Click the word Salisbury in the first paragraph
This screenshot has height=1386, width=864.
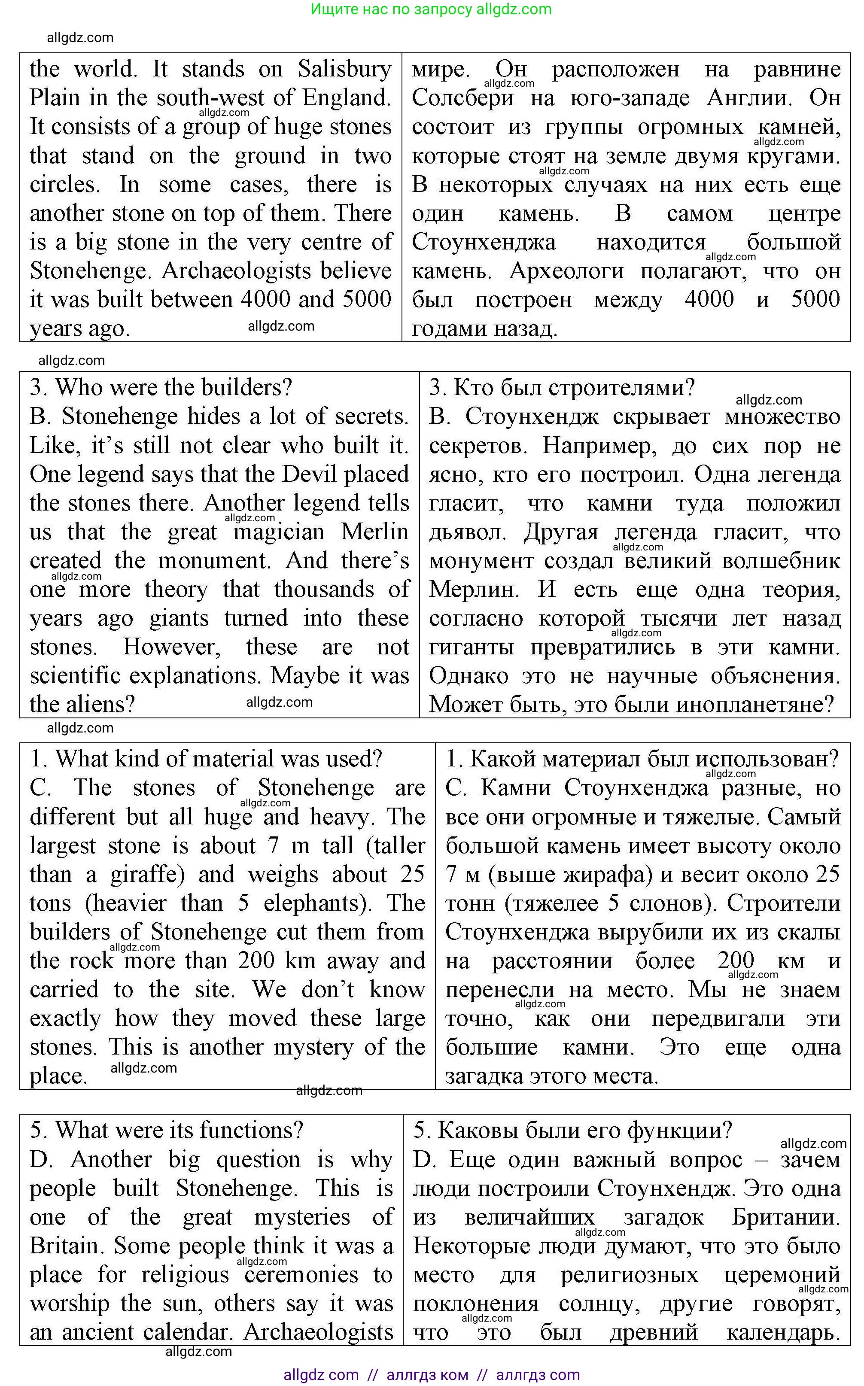click(x=344, y=70)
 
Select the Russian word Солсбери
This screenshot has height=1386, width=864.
click(x=462, y=98)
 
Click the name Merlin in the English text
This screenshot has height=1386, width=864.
click(x=374, y=532)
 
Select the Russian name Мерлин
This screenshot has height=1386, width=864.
click(x=474, y=590)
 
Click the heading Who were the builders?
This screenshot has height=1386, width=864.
click(x=161, y=388)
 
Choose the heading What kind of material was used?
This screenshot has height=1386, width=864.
click(x=206, y=759)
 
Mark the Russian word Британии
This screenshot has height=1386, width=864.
click(x=786, y=1217)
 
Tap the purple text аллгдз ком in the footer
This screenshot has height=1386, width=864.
click(x=427, y=1374)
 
